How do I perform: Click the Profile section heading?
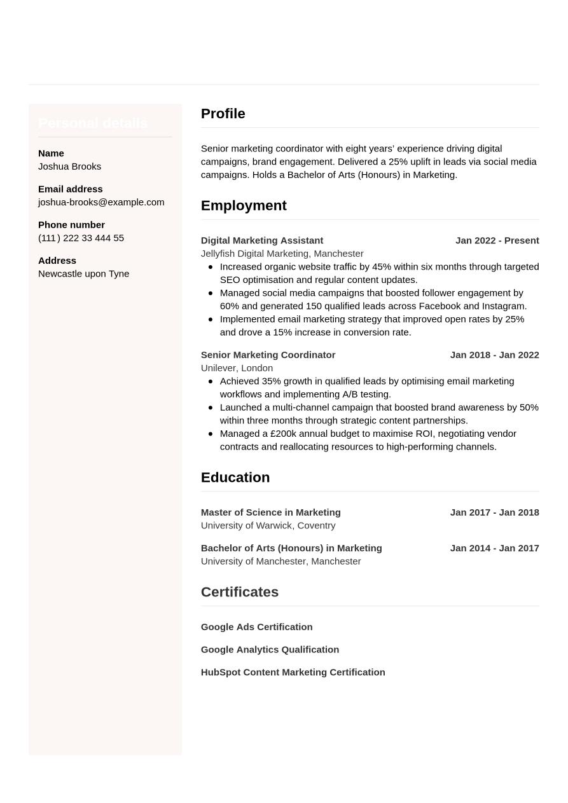(223, 114)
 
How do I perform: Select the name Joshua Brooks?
(69, 167)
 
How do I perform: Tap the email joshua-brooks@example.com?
(101, 202)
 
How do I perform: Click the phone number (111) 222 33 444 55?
(81, 238)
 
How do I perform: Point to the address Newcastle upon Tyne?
(83, 273)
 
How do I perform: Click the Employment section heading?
(244, 206)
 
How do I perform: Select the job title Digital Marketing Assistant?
(262, 240)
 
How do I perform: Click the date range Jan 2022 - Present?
(497, 240)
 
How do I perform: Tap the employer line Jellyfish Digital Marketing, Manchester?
(282, 254)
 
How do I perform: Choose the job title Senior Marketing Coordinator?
(268, 355)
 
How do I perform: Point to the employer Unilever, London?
(237, 368)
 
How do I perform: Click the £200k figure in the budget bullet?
(283, 434)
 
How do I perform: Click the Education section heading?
(235, 477)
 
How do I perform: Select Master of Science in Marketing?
(270, 512)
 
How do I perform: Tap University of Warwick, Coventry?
(268, 526)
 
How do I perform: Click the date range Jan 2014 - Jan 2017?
(494, 548)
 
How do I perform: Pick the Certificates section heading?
(240, 592)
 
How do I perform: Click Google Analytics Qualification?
(270, 650)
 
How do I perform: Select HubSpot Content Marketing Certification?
(293, 673)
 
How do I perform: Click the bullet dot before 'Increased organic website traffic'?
(211, 267)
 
